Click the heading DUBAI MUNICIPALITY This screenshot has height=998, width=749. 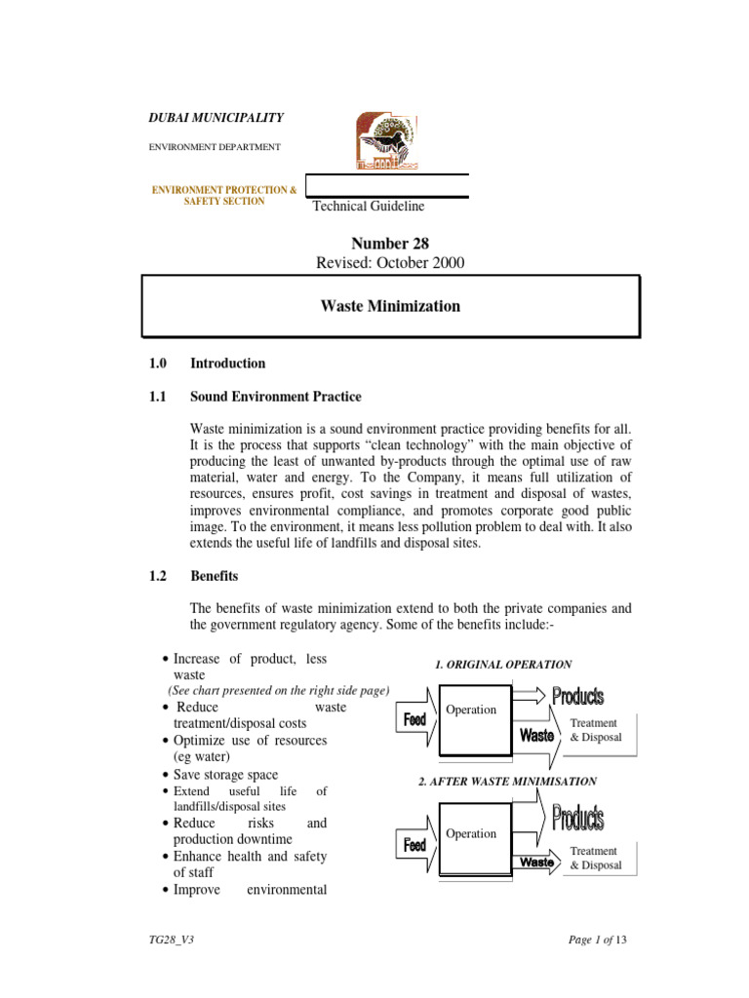[x=216, y=118]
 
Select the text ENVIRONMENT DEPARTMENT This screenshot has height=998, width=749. [x=214, y=147]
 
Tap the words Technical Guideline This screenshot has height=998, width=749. [x=368, y=206]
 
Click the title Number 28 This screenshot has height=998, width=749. [x=390, y=244]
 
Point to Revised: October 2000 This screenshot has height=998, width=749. [x=390, y=263]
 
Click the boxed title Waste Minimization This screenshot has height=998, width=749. [x=390, y=306]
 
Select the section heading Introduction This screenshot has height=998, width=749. [x=227, y=364]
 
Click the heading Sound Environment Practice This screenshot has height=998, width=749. [x=275, y=397]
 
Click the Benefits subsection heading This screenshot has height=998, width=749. [x=214, y=577]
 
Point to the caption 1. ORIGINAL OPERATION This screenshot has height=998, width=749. [x=502, y=665]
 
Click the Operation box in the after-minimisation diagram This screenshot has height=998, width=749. [x=476, y=835]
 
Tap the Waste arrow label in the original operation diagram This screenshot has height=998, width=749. [x=537, y=736]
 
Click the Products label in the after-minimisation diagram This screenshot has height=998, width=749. [x=578, y=819]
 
